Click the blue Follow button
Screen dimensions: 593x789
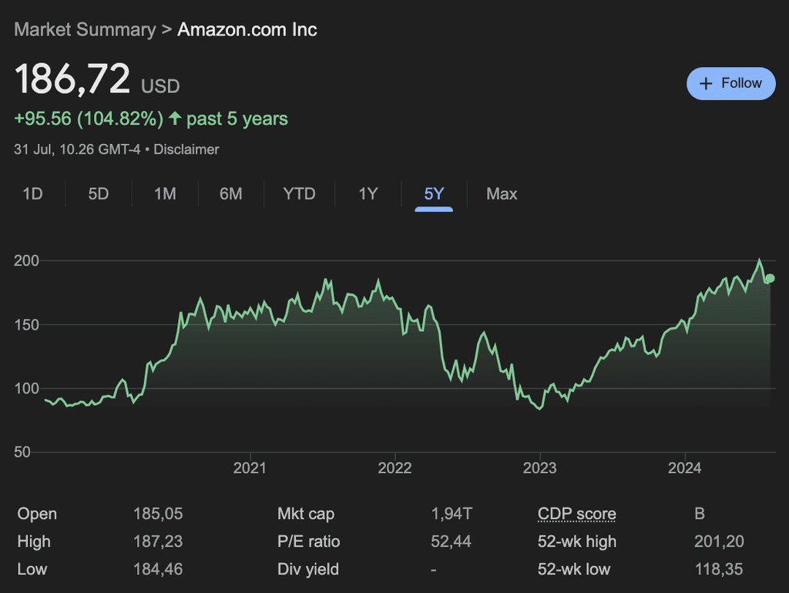pyautogui.click(x=730, y=83)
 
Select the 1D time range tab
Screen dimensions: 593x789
pyautogui.click(x=32, y=194)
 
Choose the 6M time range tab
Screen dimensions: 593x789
pyautogui.click(x=230, y=194)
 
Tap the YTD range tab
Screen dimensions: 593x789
pyautogui.click(x=299, y=194)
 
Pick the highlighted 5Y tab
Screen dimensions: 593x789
pyautogui.click(x=434, y=194)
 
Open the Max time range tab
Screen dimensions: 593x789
pyautogui.click(x=502, y=194)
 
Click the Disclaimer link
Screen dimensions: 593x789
pyautogui.click(x=186, y=149)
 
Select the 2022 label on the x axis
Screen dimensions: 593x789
pyautogui.click(x=395, y=468)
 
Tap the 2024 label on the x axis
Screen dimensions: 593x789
pyautogui.click(x=684, y=468)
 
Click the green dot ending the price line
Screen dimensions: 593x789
pyautogui.click(x=770, y=279)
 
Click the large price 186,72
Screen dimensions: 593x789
pyautogui.click(x=72, y=79)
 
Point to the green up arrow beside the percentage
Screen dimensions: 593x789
pyautogui.click(x=175, y=119)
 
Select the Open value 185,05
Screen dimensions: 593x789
pyautogui.click(x=158, y=514)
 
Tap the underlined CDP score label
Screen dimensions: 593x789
pyautogui.click(x=576, y=514)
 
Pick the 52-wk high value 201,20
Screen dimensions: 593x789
pyautogui.click(x=719, y=541)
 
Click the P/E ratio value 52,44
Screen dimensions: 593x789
pyautogui.click(x=451, y=541)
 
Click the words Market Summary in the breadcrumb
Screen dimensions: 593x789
pyautogui.click(x=85, y=29)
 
